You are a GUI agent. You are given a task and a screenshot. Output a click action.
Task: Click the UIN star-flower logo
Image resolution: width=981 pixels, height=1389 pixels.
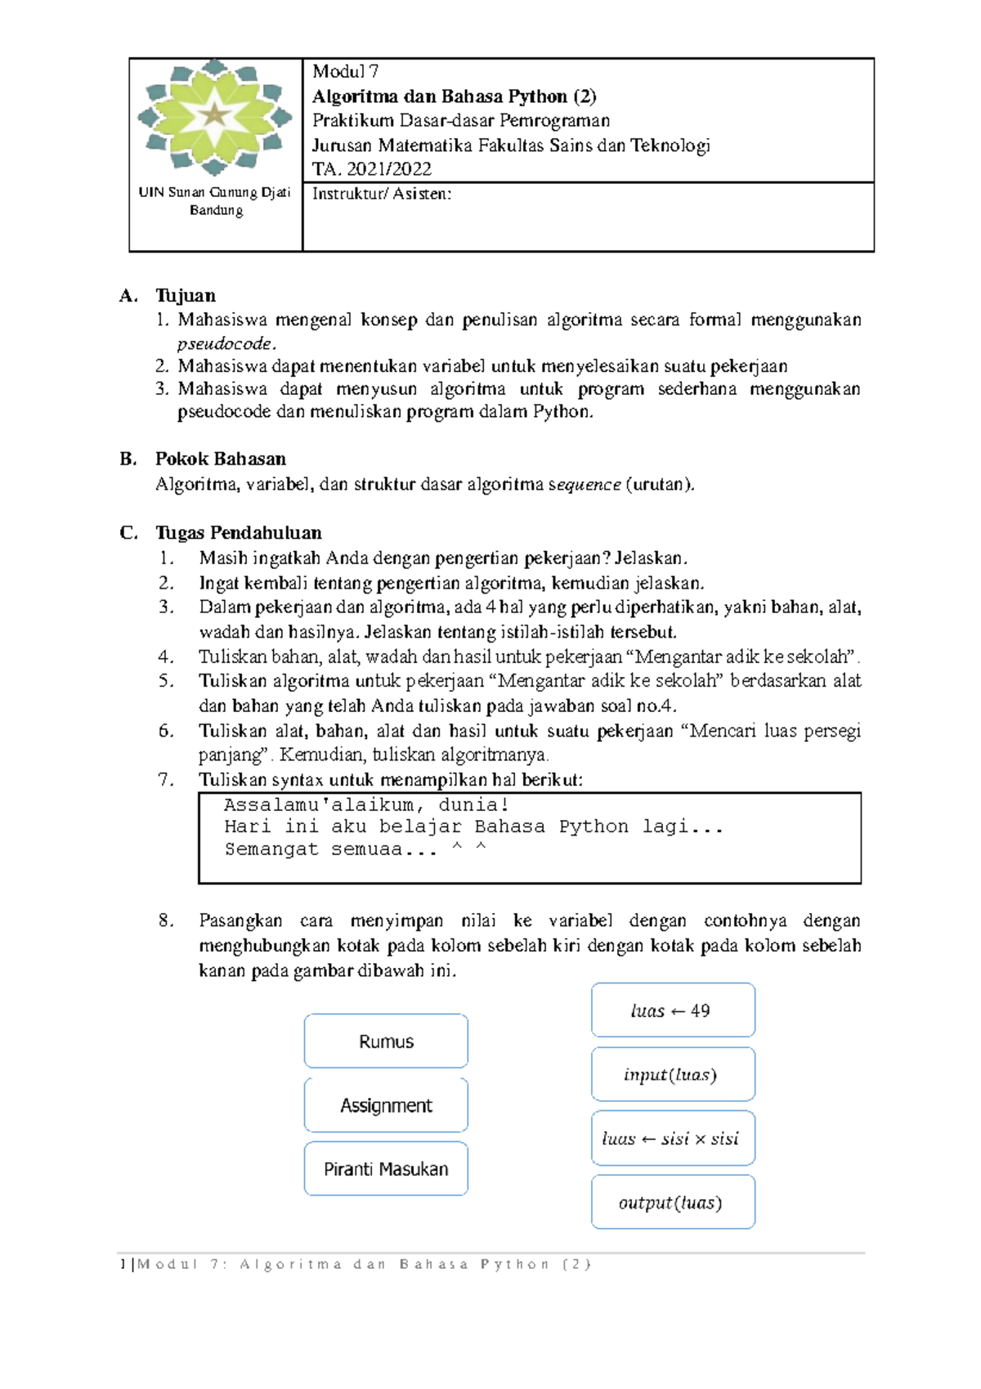214,116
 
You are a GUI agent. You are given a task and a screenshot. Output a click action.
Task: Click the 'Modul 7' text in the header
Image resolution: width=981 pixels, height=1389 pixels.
345,72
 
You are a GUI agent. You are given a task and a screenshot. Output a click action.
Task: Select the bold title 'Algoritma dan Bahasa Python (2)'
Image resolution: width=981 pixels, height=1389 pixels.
454,96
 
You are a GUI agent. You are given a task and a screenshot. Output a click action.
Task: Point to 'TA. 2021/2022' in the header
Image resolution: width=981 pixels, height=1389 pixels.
371,169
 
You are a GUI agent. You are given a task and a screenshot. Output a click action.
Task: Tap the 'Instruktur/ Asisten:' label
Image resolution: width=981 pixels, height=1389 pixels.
381,194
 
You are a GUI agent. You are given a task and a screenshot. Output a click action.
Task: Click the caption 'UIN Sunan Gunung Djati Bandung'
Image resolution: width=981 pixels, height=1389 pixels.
215,201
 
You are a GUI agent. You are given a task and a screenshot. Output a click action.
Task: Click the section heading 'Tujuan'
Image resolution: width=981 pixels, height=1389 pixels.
186,296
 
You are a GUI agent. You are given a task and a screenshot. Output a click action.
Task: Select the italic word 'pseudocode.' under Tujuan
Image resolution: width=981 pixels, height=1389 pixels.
226,343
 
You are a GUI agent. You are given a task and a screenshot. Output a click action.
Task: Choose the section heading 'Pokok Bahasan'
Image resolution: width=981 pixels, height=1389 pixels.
221,459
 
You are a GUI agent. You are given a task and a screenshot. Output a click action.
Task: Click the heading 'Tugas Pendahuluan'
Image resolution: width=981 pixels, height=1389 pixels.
239,533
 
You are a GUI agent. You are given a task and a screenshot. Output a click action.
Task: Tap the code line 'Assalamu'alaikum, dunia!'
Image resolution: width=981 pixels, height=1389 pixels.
367,804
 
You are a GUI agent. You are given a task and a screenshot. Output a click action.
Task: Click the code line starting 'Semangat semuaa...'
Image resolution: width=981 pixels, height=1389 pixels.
355,849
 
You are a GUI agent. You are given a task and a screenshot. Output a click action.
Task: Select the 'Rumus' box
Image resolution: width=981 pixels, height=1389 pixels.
386,1041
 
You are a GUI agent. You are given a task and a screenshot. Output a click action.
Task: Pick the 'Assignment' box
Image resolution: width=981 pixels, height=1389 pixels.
386,1105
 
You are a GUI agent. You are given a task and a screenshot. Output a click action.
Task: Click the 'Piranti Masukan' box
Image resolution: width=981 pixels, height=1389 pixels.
386,1169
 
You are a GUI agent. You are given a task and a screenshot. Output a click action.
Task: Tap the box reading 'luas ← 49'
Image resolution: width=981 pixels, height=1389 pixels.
673,1010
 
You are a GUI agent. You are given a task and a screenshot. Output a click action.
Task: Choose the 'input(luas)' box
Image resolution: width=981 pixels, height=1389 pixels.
673,1074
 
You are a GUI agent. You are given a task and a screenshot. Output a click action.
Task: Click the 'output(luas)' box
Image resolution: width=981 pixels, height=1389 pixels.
673,1202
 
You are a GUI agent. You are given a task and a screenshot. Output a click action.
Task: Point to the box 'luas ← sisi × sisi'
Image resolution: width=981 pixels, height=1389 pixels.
673,1138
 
